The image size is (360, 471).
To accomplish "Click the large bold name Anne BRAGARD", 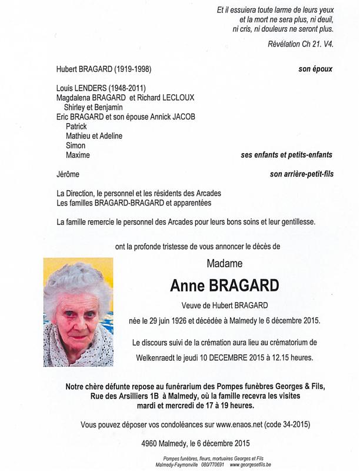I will (225, 286).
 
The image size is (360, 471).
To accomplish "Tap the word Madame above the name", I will (224, 263).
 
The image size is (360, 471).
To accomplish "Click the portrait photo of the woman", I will (78, 312).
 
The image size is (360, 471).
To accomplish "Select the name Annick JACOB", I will (174, 117).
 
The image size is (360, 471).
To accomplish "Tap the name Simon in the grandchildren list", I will (76, 145).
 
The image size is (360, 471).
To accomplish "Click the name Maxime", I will (78, 155).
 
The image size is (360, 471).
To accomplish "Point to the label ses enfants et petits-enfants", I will (286, 155).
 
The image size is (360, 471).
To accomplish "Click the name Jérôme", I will (68, 174).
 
